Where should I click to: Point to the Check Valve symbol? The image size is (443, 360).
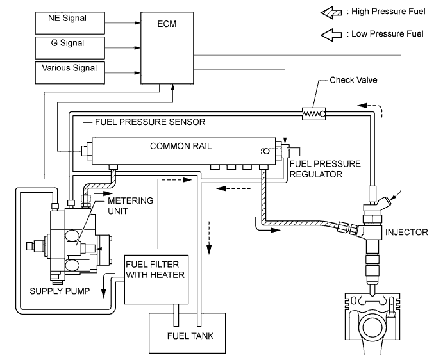coord(312,114)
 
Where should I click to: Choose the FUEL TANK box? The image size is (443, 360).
coord(187,333)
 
